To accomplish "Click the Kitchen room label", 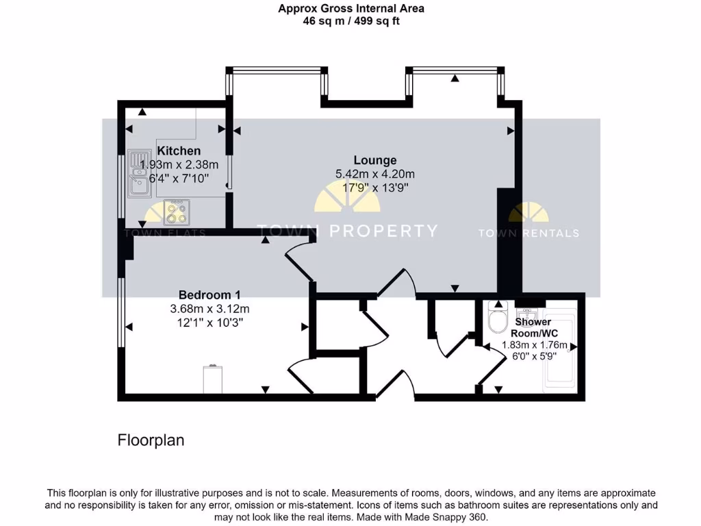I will pos(179,151).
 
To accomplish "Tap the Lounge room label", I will pos(375,160).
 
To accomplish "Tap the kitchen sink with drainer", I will pos(139,172).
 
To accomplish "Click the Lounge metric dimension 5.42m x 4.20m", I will pos(375,174).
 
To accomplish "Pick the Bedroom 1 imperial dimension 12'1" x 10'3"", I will pos(209,322).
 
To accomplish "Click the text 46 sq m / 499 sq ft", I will pos(351,21).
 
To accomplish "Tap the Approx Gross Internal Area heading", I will pos(351,9).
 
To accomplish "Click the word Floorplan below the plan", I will pos(151,440).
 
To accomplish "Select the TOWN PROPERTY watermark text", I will pos(346,231).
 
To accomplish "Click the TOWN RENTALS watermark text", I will pos(528,233).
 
